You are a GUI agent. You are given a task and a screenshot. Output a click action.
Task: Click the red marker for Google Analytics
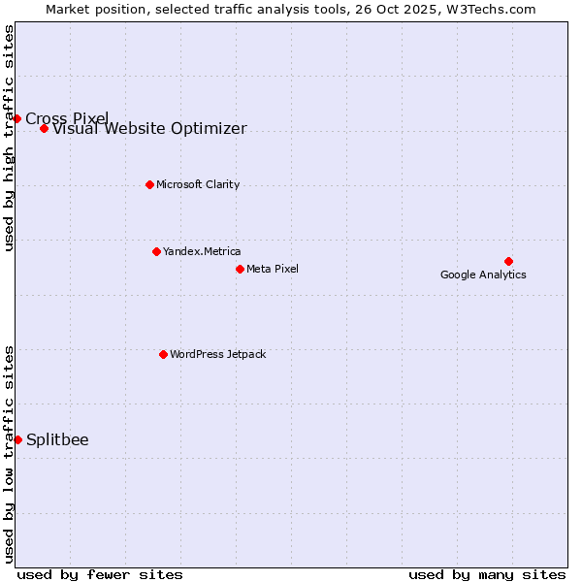pos(508,261)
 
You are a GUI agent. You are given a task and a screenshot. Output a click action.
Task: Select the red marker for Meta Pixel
pos(240,269)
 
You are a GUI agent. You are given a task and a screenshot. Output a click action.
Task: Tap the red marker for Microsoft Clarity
pos(149,184)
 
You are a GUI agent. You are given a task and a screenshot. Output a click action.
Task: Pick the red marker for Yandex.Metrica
pos(156,251)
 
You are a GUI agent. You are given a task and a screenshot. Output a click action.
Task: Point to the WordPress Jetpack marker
pos(163,354)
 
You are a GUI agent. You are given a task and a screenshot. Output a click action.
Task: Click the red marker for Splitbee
pos(17,439)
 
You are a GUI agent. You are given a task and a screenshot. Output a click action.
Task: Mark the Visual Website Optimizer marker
pos(44,128)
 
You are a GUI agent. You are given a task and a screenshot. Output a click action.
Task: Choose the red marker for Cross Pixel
pos(16,118)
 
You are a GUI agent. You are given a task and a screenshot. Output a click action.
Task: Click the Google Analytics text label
pos(483,275)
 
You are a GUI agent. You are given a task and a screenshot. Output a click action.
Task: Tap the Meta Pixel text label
pos(273,269)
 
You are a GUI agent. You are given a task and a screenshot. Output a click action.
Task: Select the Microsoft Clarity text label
pos(198,184)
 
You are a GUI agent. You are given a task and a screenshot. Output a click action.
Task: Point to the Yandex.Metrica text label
pos(202,251)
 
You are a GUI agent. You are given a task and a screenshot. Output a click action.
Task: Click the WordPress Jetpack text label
pos(217,354)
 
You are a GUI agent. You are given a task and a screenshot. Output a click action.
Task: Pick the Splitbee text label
pos(57,439)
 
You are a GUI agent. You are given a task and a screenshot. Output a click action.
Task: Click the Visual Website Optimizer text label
pos(149,129)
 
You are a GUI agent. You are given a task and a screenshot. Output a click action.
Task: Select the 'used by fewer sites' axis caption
pos(100,574)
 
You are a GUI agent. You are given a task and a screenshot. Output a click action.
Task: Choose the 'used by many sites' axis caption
pos(487,574)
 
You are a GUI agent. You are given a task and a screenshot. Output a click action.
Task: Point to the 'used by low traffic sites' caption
pos(10,454)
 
